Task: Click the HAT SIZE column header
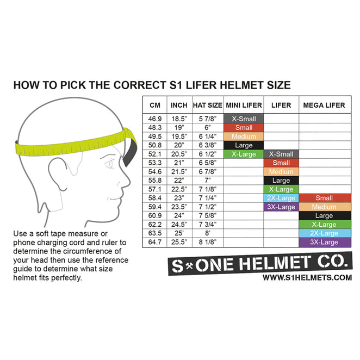207,105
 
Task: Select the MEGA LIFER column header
324,105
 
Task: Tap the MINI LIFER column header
244,105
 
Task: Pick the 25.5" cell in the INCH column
178,242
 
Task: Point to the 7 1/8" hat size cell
207,189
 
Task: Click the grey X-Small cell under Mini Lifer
244,119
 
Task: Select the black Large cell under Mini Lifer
244,145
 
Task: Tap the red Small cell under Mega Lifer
324,198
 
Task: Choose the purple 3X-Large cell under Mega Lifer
324,243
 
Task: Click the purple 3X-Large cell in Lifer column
281,207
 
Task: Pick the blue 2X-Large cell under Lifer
281,198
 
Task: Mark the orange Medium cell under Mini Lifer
244,136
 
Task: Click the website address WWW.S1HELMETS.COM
307,278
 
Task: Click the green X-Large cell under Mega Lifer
324,225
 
